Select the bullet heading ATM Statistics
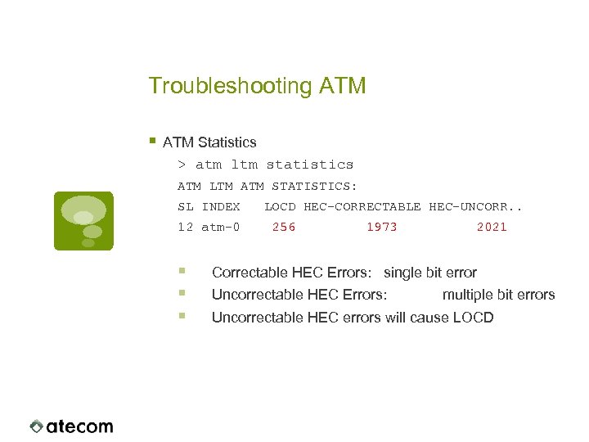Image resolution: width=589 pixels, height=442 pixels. pos(209,142)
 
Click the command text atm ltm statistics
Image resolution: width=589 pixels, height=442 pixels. pos(275,165)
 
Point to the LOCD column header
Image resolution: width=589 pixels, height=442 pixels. pos(280,207)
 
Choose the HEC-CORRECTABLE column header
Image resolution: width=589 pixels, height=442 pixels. pos(362,207)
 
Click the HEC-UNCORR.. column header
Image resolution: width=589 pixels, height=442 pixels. pos(475,207)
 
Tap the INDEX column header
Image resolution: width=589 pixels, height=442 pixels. pos(221,207)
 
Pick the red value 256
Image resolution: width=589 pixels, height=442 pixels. pos(284,228)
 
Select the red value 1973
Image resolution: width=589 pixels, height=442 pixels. pos(382,228)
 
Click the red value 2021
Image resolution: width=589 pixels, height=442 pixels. pos(492,228)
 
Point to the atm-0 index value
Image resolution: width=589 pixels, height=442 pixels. pos(221,228)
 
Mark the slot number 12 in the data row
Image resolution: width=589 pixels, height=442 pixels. pos(186,228)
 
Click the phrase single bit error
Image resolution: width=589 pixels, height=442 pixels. pos(430,273)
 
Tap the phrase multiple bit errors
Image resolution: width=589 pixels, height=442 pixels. pos(498,295)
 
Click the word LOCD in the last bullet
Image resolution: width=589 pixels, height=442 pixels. pos(474,318)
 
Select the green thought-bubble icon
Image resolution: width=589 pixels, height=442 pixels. pos(83,220)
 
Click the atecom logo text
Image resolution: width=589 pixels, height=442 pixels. pos(79,426)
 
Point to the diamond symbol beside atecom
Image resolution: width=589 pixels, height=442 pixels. pos(37,426)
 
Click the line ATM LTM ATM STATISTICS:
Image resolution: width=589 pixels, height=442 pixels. pos(268,186)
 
